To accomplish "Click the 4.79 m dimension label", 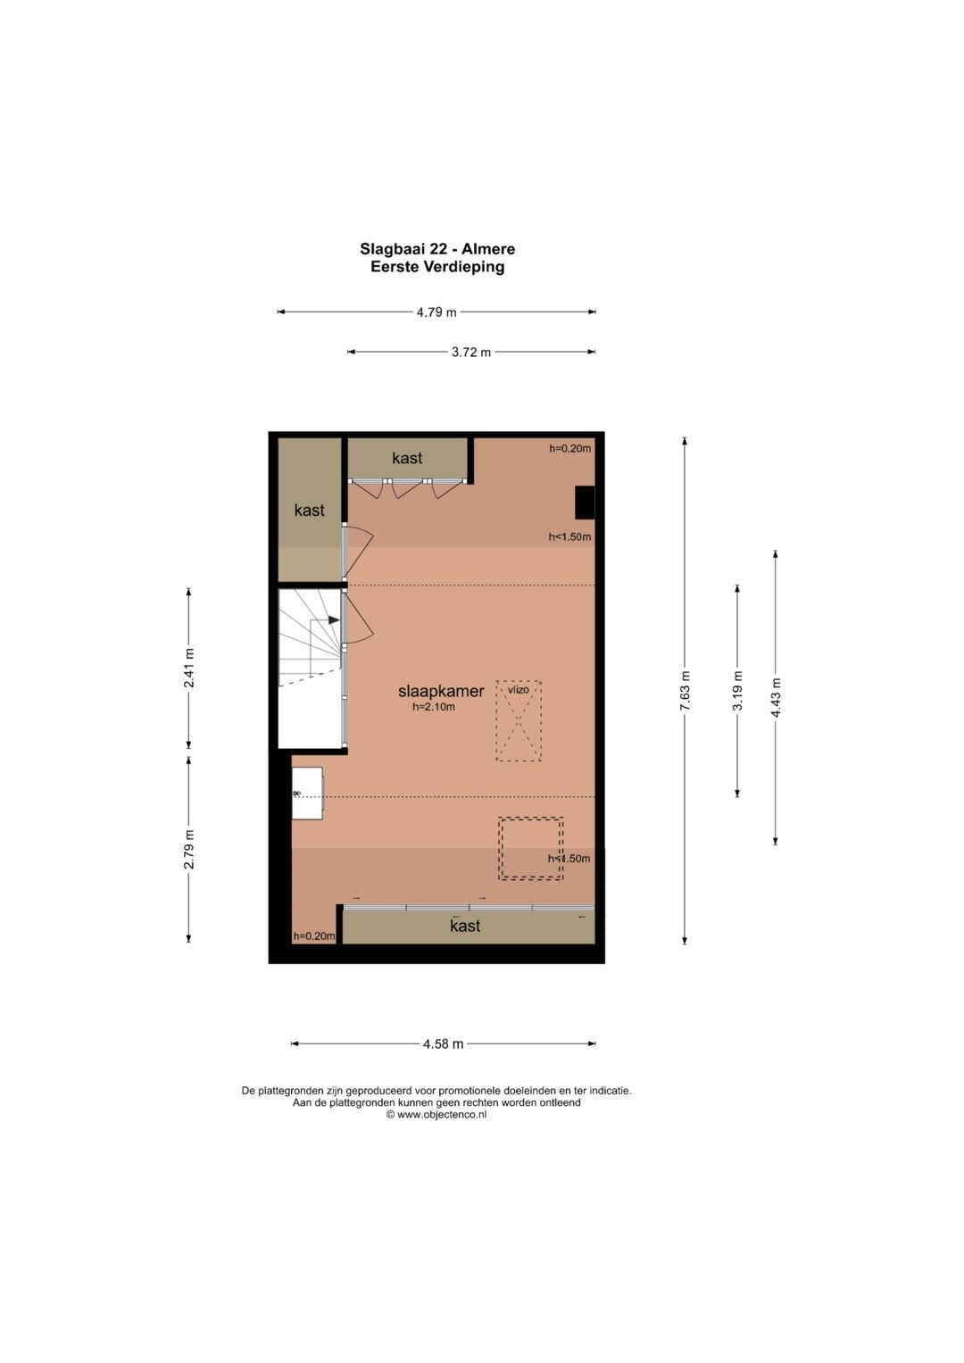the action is coord(436,312).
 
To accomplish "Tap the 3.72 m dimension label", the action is coord(471,353).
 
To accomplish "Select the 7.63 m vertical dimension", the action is coord(686,690).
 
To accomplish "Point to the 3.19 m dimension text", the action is coord(737,690).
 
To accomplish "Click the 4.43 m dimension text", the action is coord(776,697).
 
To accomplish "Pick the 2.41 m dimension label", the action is coord(189,669).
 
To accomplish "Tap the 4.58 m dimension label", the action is coord(443,1044).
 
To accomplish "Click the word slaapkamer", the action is coord(441,691).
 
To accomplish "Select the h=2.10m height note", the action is coord(434,707).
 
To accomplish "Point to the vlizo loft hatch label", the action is coord(518,690).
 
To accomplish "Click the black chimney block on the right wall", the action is coord(585,503).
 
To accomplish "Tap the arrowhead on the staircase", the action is coord(334,620).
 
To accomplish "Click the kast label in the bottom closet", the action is coord(466,926).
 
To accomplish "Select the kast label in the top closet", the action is coord(407,458).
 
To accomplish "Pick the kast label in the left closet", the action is coord(309,511).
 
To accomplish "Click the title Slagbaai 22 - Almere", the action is coord(437,249).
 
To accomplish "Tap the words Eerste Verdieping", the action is coord(437,267).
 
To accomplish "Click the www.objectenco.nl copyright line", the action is coord(436,1115).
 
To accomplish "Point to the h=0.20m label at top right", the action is coord(570,449).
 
